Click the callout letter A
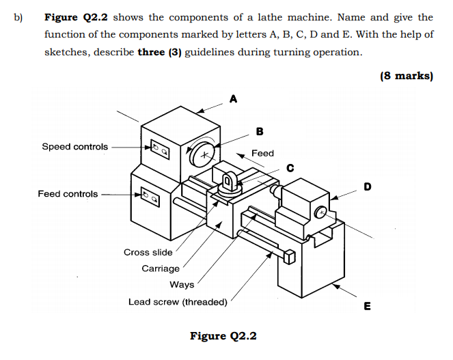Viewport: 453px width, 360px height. [x=234, y=100]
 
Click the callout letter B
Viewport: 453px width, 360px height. [x=259, y=131]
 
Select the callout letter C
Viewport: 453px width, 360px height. [x=290, y=167]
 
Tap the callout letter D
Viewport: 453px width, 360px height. [x=367, y=186]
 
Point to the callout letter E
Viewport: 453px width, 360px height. [x=367, y=307]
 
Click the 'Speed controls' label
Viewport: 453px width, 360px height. [x=74, y=147]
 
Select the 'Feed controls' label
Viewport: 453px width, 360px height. [x=68, y=194]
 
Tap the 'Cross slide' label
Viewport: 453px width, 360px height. [x=148, y=252]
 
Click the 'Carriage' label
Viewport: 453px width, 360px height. [x=161, y=268]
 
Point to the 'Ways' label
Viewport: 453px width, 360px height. [x=182, y=285]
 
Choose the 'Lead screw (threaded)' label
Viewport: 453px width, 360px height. [x=178, y=302]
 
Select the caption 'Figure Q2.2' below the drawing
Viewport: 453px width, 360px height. [x=223, y=336]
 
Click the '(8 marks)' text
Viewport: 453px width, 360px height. [x=406, y=76]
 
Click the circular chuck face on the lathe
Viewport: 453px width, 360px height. [x=202, y=155]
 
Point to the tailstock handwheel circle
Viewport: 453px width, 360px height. [x=321, y=213]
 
